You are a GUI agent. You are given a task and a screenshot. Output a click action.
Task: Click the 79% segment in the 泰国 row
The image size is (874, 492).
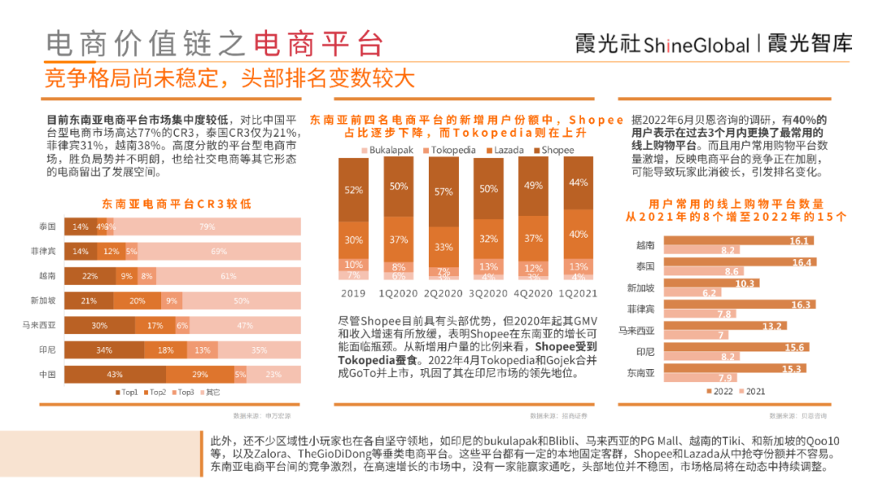207,227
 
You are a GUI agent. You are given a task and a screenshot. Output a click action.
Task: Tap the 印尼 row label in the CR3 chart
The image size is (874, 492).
47,350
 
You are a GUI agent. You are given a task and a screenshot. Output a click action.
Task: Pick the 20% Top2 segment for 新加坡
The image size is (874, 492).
138,301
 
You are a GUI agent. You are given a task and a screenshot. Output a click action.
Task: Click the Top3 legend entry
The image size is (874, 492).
183,392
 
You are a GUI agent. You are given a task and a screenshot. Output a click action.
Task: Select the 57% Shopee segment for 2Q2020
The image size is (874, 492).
443,192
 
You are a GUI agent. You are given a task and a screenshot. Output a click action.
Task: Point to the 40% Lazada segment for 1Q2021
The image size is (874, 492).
579,235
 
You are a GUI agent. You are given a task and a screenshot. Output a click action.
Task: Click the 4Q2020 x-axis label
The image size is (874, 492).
533,293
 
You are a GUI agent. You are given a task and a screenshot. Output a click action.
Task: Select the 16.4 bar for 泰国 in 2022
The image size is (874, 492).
741,262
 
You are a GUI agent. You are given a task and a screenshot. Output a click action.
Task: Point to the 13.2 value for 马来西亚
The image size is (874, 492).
749,325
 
